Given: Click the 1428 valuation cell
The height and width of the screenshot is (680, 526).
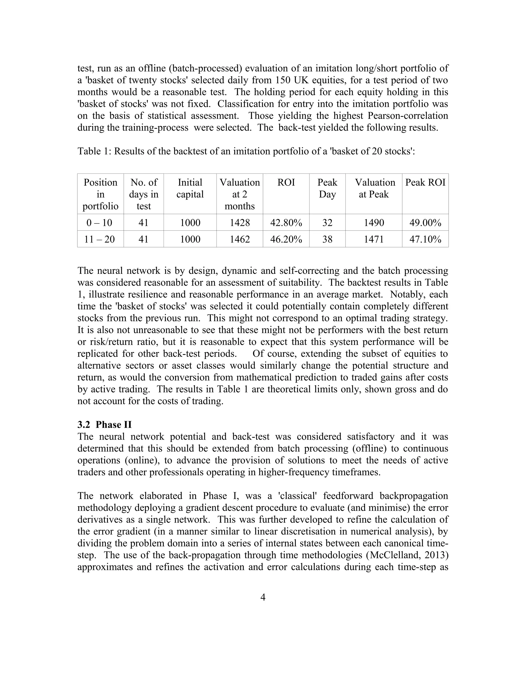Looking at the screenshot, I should (240, 223).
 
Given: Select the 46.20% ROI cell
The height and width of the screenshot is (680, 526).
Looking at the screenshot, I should (286, 239).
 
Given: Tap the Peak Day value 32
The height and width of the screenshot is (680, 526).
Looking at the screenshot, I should (327, 223).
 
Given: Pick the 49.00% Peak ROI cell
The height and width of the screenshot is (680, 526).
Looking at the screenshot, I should (425, 223).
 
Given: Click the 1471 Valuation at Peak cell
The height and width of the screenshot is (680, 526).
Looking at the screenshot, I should (374, 239).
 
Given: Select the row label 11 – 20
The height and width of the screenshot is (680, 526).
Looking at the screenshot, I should (100, 239).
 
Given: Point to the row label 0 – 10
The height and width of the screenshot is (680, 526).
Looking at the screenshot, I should (100, 223).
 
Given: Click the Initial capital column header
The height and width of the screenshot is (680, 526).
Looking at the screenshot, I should (190, 188).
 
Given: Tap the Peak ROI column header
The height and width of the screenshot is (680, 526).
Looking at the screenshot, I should (425, 182).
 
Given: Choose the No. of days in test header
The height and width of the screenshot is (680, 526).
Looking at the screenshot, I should (144, 194).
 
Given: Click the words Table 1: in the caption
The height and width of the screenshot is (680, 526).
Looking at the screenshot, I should (94, 151).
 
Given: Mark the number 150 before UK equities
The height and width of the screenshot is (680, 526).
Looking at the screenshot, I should (284, 80).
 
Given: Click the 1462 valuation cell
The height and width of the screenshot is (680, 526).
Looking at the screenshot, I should (240, 239).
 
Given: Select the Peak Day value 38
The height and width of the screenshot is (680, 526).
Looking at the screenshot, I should (327, 239).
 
